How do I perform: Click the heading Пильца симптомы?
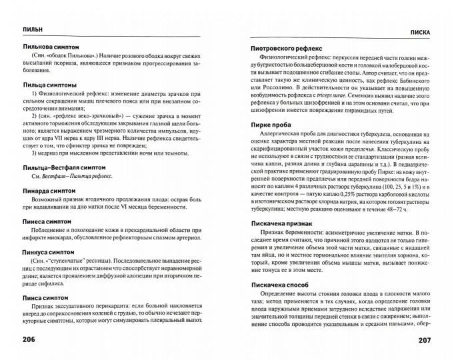coord(49,85)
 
